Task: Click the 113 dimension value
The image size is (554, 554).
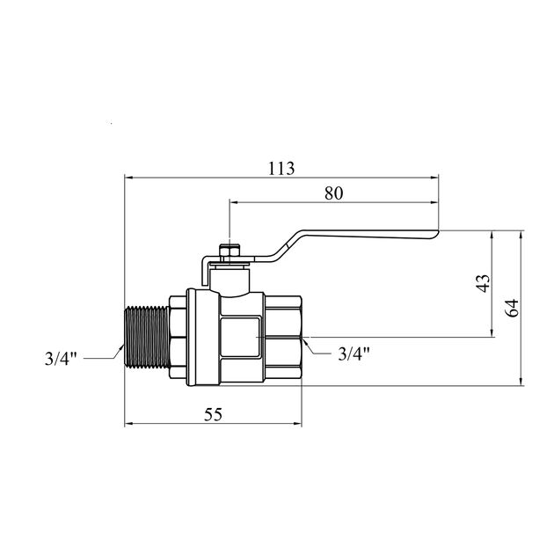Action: (x=281, y=169)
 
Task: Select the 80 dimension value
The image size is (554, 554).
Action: (x=334, y=193)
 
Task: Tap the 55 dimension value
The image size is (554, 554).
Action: (x=213, y=414)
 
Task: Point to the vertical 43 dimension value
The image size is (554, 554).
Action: (x=484, y=283)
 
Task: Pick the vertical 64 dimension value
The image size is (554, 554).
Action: (x=513, y=308)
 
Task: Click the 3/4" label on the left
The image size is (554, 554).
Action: (x=61, y=359)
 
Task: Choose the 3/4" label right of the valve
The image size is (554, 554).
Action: (x=354, y=354)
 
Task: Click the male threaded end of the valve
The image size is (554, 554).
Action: (x=147, y=338)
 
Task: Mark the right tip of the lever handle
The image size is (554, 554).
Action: (x=439, y=232)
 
